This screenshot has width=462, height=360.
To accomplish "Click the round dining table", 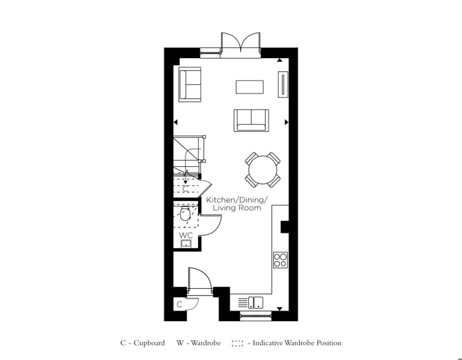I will (263, 170).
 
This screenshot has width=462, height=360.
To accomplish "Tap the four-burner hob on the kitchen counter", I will (280, 260).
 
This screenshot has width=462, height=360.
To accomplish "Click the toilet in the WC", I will (185, 214).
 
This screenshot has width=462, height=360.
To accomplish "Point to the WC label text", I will (185, 235).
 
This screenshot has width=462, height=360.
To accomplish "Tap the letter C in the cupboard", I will (179, 305).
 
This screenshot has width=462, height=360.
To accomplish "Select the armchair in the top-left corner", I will (189, 84).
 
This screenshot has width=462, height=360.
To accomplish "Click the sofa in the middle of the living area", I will (251, 120).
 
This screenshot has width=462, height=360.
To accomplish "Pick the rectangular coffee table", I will (249, 87).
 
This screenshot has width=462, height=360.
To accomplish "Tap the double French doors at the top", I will (241, 45).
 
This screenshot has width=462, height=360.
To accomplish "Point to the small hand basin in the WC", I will (185, 243).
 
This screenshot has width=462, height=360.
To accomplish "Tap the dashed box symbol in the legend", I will (238, 343).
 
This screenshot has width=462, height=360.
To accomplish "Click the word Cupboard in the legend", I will (148, 343).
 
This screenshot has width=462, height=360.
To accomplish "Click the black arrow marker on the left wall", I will (176, 122).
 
